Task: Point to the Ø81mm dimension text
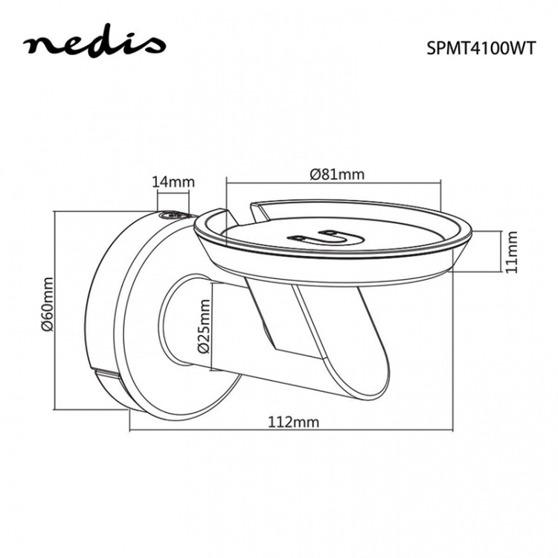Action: click(x=336, y=174)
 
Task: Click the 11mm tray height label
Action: click(x=510, y=251)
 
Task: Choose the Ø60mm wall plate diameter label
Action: click(x=48, y=309)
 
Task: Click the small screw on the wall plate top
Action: click(x=171, y=216)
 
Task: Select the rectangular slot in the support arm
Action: click(x=284, y=316)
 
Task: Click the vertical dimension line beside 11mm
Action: click(x=495, y=251)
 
